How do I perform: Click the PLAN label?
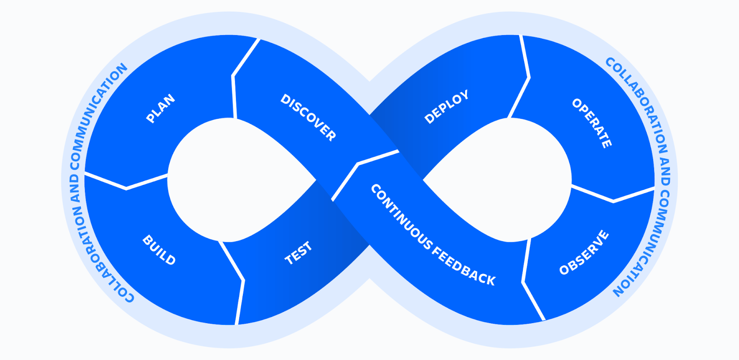tap(160, 109)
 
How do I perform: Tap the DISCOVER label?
tap(308, 117)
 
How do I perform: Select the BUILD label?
tap(159, 250)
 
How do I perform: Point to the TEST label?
tap(298, 253)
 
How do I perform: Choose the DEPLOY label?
tap(446, 107)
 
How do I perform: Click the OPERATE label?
tap(592, 123)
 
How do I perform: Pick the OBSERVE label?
tap(584, 252)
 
